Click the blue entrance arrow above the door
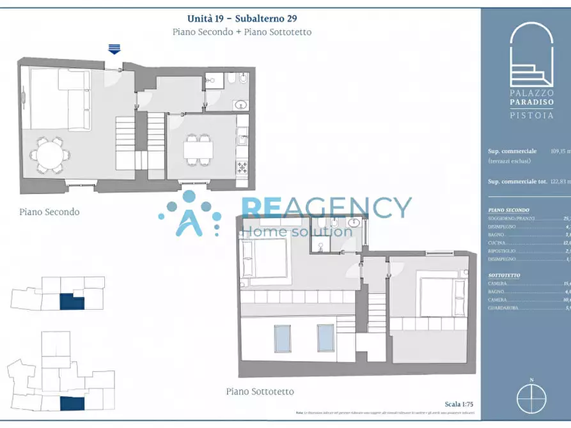[x=114, y=49]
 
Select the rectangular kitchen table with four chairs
[x=198, y=149]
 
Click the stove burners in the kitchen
[x=242, y=167]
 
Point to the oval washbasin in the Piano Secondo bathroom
[x=240, y=105]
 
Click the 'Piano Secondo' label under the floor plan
[x=49, y=211]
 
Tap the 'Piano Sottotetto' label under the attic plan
[x=260, y=391]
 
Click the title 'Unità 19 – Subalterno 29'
[x=242, y=19]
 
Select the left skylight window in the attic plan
[x=283, y=339]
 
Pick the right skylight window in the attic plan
[x=325, y=338]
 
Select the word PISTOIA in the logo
[x=531, y=115]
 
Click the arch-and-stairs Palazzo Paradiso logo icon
[x=531, y=54]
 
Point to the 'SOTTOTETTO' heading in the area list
[x=504, y=275]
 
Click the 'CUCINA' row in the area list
[x=497, y=243]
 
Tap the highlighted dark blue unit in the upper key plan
[x=72, y=301]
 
